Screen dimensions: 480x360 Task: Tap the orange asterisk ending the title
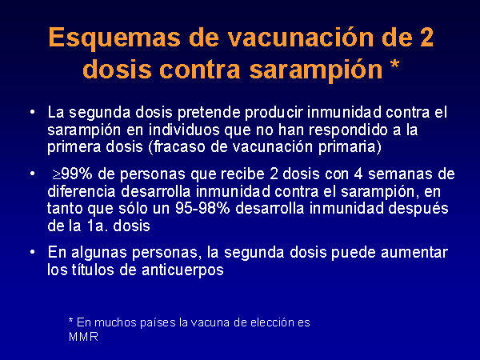[x=394, y=65]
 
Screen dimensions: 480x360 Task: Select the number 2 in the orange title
[x=426, y=37]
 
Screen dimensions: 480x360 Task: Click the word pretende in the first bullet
[x=209, y=113]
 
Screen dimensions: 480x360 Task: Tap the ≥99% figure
[x=72, y=174]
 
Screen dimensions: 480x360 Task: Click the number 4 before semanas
[x=358, y=174]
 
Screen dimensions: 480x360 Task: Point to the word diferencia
[x=82, y=192]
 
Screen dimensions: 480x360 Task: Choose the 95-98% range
[x=202, y=209]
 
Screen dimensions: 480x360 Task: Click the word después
[x=418, y=210]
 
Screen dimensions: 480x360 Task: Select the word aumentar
[x=414, y=253]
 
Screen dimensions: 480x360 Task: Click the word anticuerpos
[x=182, y=270]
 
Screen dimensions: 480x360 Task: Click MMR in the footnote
[x=83, y=337]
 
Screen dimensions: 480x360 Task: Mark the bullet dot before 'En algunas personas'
[x=33, y=253]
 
